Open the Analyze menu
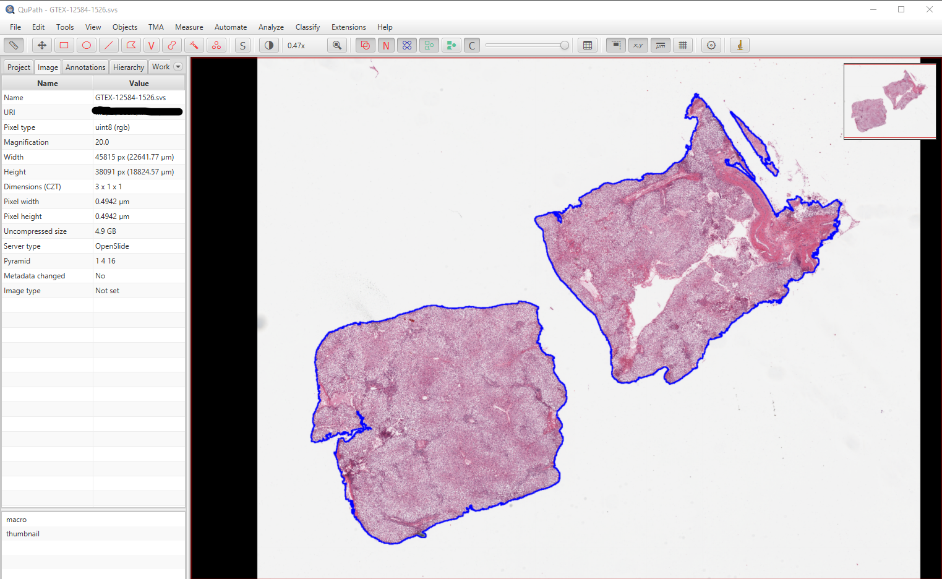271,27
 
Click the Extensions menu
348,27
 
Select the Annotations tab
85,67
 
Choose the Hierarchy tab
129,67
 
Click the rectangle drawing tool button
64,45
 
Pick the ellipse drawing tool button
87,45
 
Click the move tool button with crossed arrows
41,45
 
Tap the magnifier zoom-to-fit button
337,45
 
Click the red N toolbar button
386,45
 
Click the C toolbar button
472,45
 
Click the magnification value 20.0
102,142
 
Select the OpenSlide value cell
112,246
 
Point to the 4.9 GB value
106,231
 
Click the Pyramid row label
17,261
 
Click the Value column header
139,84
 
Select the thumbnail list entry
23,534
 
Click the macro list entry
17,520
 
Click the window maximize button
901,9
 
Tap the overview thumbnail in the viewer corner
889,100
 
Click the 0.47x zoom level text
296,46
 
